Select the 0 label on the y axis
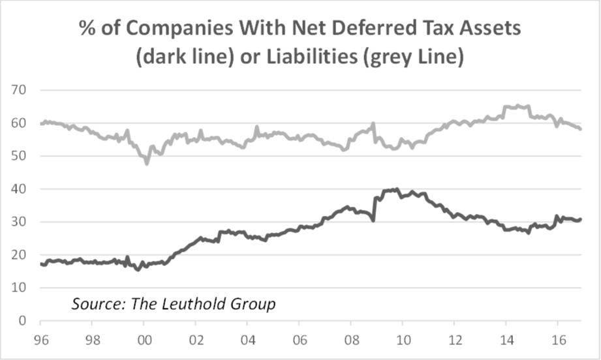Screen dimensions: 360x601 tap(21, 321)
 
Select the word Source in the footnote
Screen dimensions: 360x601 tap(95, 304)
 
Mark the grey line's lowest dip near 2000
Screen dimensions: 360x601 tap(147, 163)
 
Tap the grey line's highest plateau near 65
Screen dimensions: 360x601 tap(516, 106)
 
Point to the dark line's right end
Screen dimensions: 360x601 tap(580, 219)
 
